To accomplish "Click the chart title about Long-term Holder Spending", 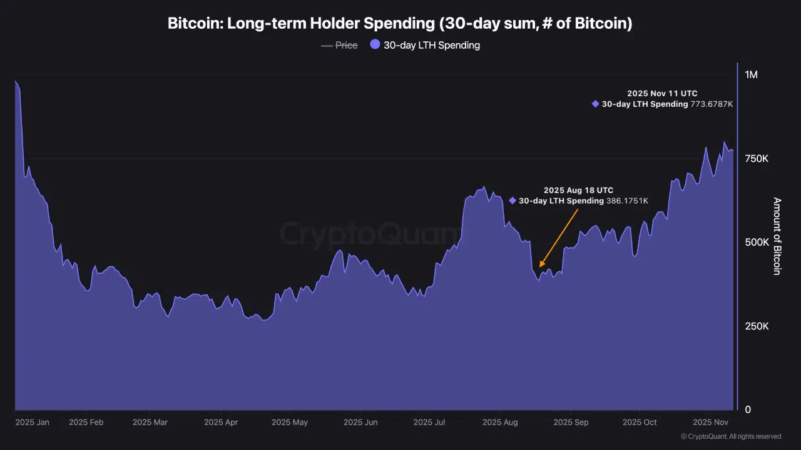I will click(x=400, y=24).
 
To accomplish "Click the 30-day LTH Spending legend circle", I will click(x=375, y=44).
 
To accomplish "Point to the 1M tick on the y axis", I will click(x=751, y=74).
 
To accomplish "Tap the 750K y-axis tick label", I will click(x=756, y=159).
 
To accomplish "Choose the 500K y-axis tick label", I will click(x=756, y=242).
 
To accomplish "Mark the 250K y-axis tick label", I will click(x=756, y=326).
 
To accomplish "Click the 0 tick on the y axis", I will click(x=748, y=410).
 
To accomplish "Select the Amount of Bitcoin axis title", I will click(x=777, y=236).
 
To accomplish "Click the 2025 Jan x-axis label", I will click(x=33, y=422).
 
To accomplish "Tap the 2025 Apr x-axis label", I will click(x=222, y=422).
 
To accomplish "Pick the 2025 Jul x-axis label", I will click(x=429, y=422).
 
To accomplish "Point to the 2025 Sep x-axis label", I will click(x=571, y=422).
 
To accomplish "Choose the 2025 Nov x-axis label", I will click(x=710, y=422).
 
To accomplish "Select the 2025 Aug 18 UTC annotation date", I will click(x=578, y=190).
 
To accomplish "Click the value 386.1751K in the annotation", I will click(x=626, y=201).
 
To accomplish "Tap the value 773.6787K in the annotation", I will click(x=712, y=104).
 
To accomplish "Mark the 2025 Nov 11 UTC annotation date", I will click(x=662, y=94).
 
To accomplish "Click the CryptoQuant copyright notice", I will click(x=730, y=436).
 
